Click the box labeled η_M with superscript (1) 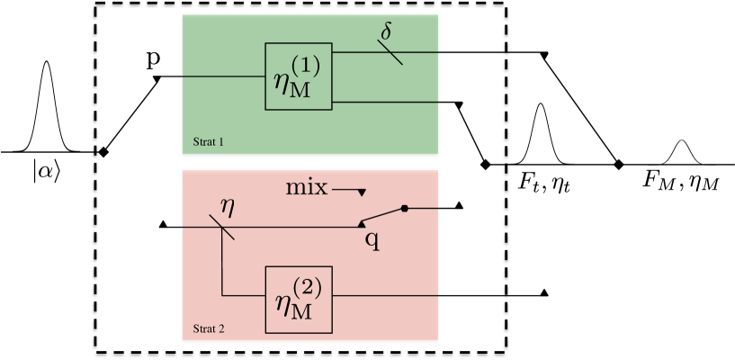(299, 76)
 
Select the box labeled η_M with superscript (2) (299, 301)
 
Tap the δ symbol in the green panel (386, 31)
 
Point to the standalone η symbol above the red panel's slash (228, 206)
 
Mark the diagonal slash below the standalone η (222, 227)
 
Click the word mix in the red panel (307, 188)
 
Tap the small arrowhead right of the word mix (362, 192)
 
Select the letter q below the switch (372, 240)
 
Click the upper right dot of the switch (405, 209)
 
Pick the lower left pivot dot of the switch (362, 223)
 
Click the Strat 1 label (209, 142)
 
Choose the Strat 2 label (209, 328)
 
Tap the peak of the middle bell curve (541, 106)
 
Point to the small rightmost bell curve (682, 152)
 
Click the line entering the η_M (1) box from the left (223, 76)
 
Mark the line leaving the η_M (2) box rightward (385, 295)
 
